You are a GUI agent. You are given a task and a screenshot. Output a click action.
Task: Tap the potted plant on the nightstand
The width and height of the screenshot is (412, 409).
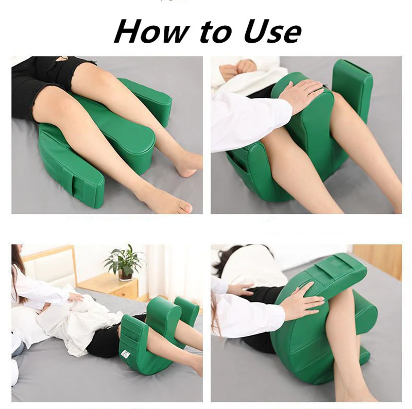click(124, 262)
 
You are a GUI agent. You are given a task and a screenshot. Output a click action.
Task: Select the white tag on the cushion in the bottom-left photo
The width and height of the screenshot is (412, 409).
click(125, 353)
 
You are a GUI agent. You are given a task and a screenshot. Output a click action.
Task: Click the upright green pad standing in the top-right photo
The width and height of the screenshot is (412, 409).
click(352, 87)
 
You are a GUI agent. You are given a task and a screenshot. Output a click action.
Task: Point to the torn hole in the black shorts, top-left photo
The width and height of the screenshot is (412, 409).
click(61, 58)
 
